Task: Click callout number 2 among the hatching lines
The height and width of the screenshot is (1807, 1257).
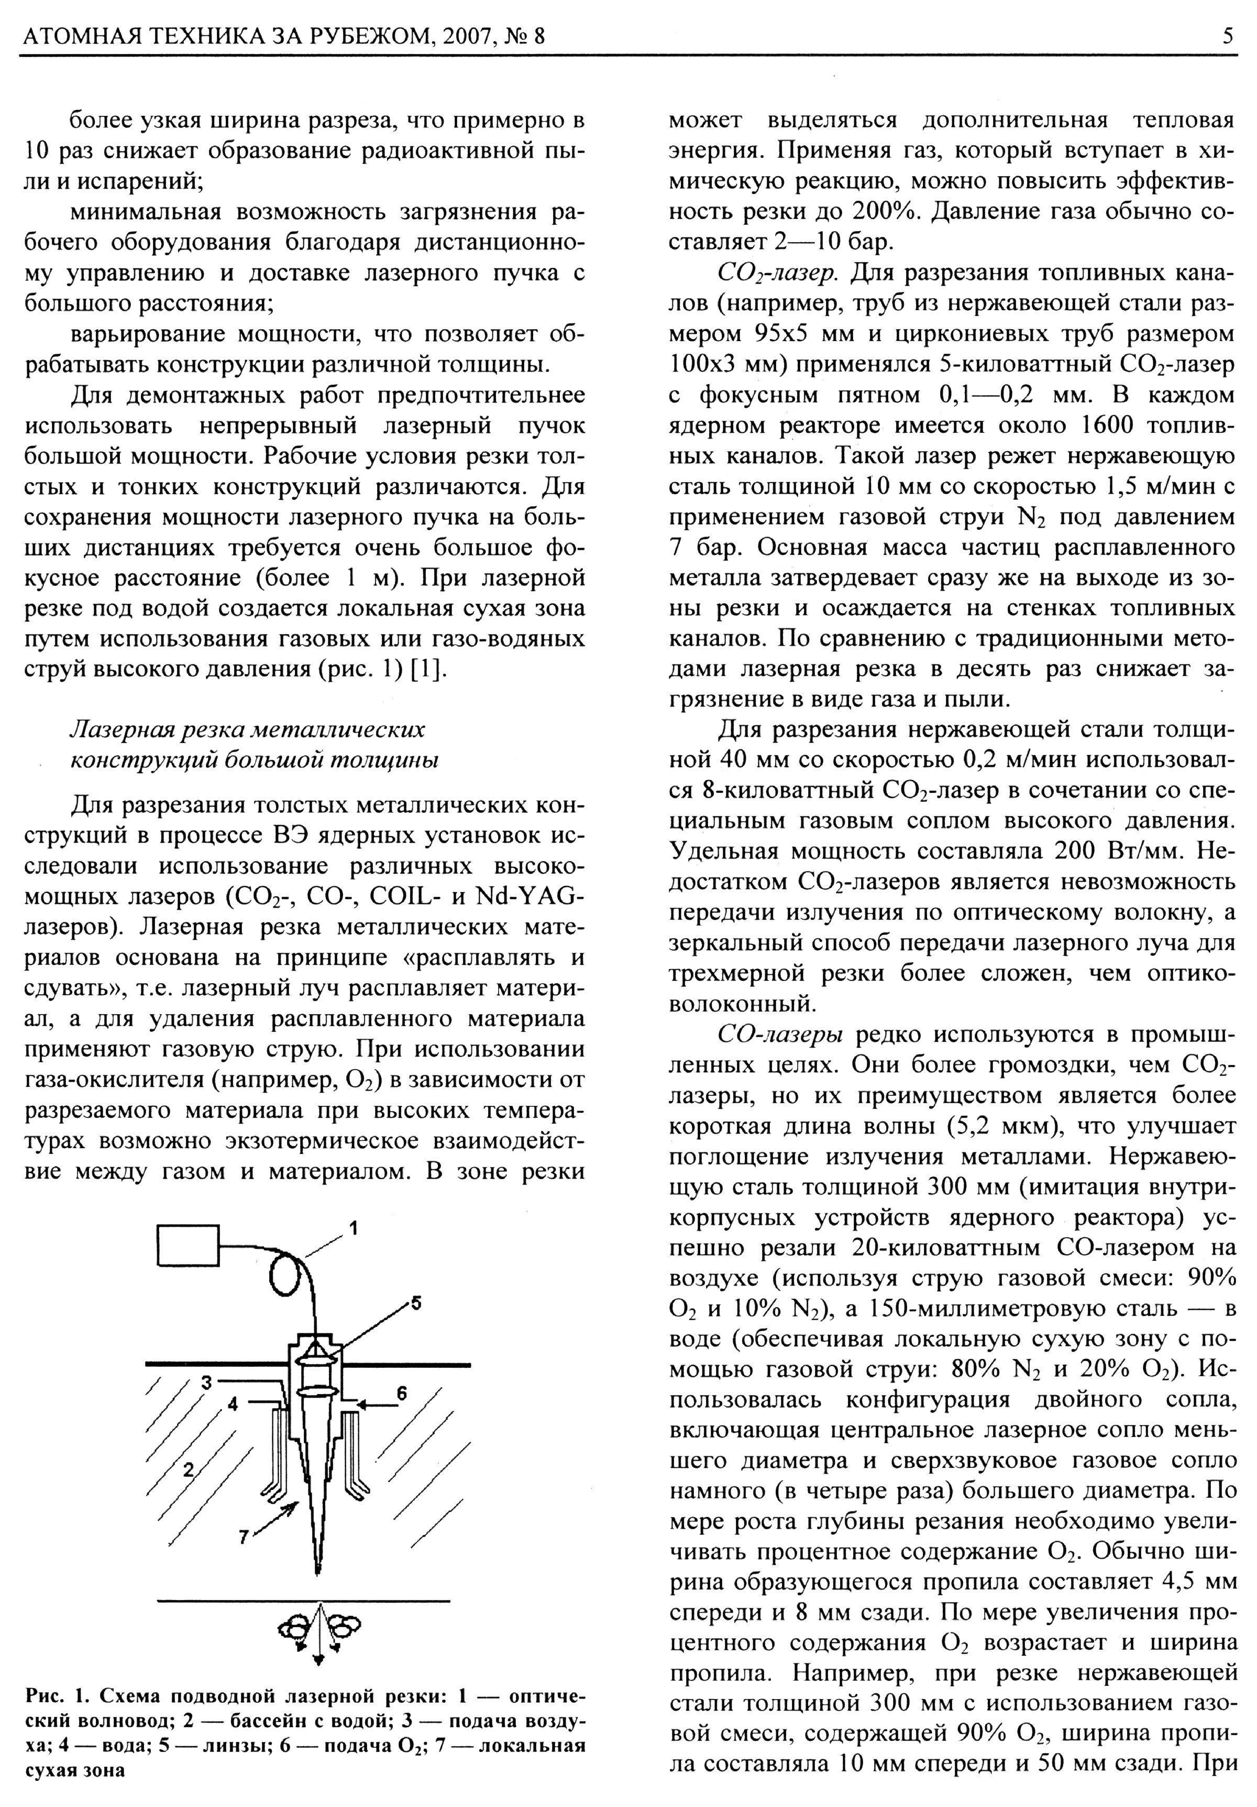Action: (x=188, y=1468)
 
